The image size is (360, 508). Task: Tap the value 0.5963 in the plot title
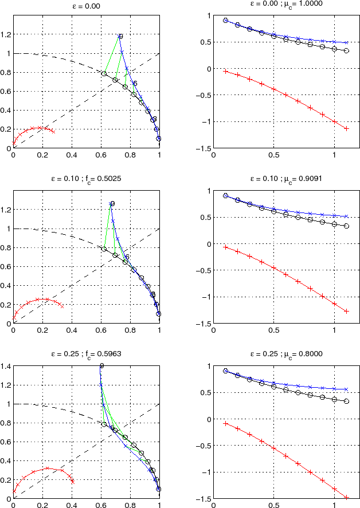tap(111, 353)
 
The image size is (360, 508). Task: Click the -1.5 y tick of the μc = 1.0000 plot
tap(205, 148)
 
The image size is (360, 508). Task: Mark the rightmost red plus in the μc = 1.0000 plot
tap(346, 129)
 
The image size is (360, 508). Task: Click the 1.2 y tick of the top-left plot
tap(6, 35)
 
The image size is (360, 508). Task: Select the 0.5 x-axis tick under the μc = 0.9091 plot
tap(274, 330)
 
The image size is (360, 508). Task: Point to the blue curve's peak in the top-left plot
tap(120, 36)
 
